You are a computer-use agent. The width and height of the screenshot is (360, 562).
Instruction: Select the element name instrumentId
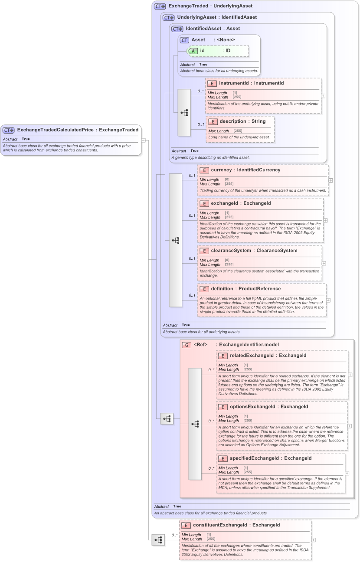(233, 83)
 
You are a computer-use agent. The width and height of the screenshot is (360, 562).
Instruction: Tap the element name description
(233, 121)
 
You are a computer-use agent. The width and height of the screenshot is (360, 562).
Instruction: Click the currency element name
(221, 170)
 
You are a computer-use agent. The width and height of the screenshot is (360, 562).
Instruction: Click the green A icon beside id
(193, 51)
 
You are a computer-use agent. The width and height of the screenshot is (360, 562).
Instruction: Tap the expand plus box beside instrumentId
(323, 96)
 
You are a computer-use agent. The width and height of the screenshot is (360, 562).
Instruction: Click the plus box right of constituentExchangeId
(314, 540)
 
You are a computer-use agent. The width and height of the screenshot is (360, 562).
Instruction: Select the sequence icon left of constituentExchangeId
(158, 540)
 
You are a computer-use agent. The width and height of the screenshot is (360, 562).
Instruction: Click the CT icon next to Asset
(185, 40)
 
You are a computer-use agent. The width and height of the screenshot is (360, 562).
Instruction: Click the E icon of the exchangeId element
(204, 203)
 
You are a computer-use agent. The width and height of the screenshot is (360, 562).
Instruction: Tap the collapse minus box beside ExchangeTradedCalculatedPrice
(144, 140)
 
